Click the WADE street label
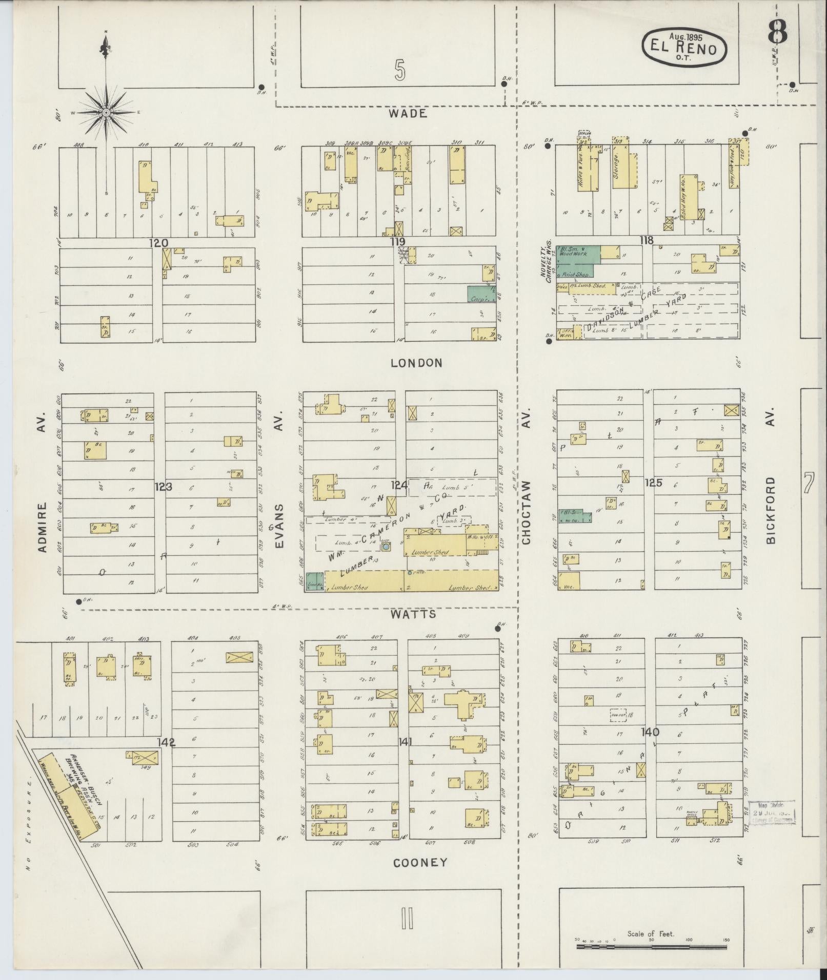click(x=408, y=114)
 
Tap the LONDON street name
click(x=416, y=363)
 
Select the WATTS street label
click(x=419, y=614)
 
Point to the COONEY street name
click(x=420, y=863)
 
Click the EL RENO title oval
click(x=684, y=48)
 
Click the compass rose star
click(x=106, y=112)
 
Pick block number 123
click(x=164, y=487)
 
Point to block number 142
click(x=167, y=742)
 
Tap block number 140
click(x=650, y=733)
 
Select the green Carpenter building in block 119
click(x=480, y=294)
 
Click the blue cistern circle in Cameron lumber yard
click(x=385, y=547)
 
